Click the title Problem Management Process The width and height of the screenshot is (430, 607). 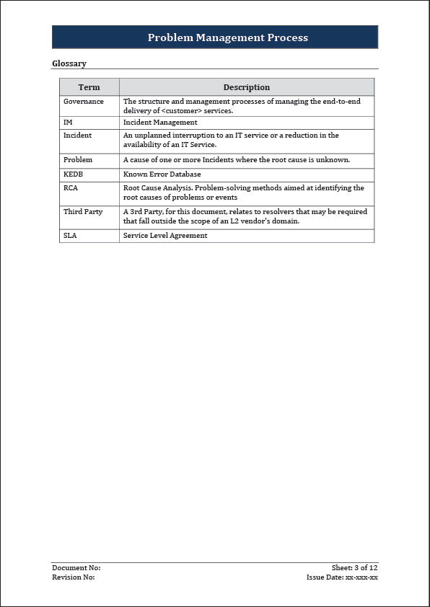227,37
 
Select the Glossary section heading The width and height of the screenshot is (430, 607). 69,63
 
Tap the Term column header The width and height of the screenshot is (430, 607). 89,87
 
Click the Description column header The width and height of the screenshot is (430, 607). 246,87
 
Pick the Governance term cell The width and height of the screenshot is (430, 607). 84,102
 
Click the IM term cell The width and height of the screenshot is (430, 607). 68,123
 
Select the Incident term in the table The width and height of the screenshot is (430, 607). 77,136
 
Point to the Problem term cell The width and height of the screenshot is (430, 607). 78,160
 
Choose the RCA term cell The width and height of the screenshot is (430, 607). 70,188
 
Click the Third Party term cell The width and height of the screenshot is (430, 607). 83,212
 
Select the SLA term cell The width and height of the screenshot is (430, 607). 70,236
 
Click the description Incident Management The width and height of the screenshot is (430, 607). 160,123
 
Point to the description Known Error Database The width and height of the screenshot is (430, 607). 162,174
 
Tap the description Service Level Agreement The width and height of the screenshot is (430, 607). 165,236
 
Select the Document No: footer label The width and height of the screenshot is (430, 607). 76,568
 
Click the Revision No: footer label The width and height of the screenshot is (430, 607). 74,577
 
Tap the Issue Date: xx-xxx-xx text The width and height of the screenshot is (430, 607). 342,577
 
